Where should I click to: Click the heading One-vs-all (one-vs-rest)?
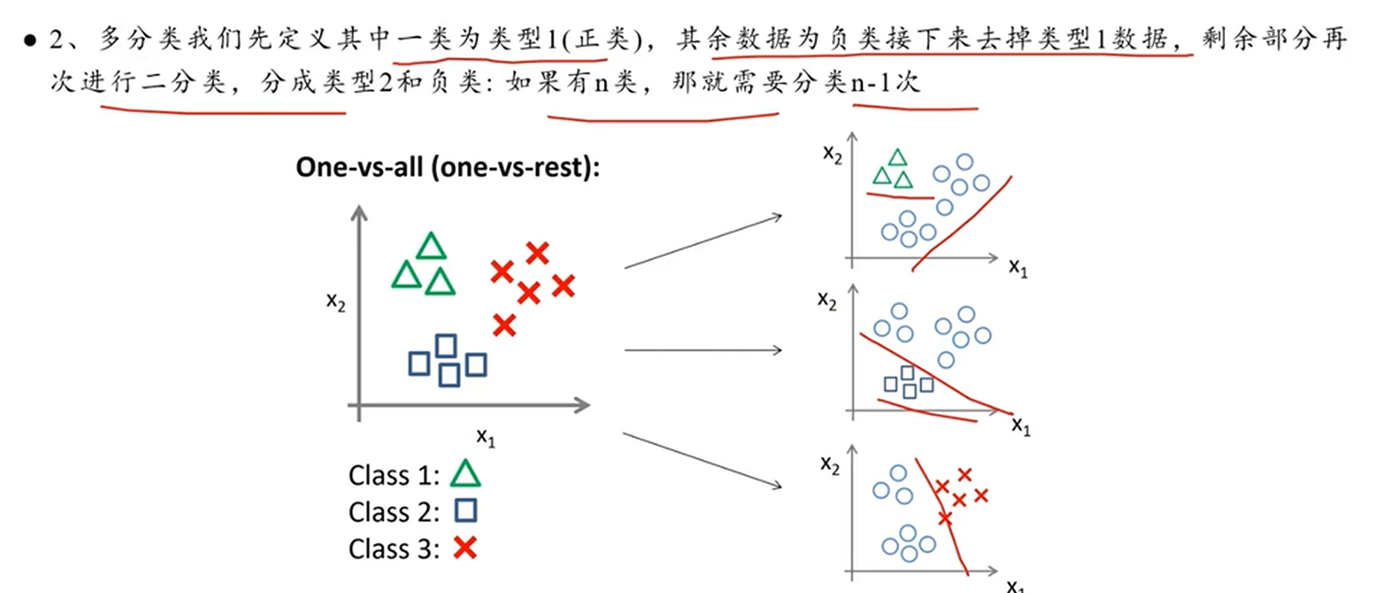pos(447,167)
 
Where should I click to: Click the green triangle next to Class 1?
pos(466,474)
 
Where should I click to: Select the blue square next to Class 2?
pos(466,511)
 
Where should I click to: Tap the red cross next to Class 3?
pos(464,548)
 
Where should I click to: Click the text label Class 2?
pos(393,512)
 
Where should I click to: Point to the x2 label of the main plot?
pos(336,301)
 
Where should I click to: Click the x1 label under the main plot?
pos(485,437)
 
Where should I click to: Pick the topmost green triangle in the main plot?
pos(431,247)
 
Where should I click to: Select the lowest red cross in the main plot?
pos(505,325)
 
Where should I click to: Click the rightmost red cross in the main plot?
pos(564,285)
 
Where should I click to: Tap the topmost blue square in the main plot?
pos(446,345)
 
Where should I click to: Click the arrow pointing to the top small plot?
pos(703,241)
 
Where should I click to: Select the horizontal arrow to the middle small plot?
pos(703,350)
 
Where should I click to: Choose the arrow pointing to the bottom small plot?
pos(702,460)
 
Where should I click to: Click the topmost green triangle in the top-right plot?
pos(898,157)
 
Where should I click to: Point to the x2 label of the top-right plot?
pos(832,154)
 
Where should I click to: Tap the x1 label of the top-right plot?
pos(1018,268)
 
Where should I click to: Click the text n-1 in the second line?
pos(871,82)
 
